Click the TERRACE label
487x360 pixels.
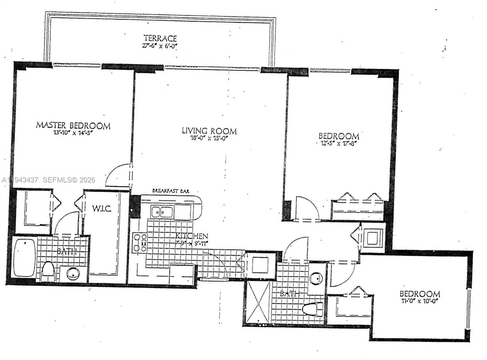[160, 38]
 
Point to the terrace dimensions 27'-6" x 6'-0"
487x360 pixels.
[160, 46]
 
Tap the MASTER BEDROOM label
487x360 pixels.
[73, 125]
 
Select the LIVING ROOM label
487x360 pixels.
[209, 131]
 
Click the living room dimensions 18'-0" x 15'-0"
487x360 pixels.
[209, 138]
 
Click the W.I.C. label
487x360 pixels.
[102, 209]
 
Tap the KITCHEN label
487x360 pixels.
[192, 236]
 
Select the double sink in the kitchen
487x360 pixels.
[162, 212]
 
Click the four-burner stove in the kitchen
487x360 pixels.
[140, 243]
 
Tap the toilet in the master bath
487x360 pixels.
[48, 272]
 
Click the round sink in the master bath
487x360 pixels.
[73, 274]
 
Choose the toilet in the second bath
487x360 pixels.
[313, 309]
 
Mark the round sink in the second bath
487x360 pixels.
[316, 278]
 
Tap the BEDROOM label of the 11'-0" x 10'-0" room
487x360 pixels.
[419, 294]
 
